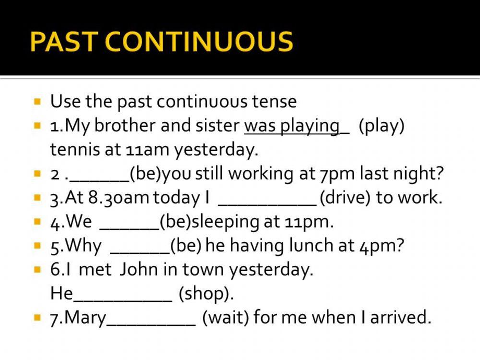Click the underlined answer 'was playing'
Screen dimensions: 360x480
pos(292,126)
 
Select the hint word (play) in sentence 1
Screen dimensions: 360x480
pos(382,126)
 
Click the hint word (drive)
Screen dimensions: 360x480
pos(345,198)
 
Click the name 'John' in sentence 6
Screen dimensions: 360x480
pos(139,270)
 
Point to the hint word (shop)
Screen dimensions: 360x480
pos(206,294)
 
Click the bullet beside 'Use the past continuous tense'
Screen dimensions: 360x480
pos(37,102)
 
